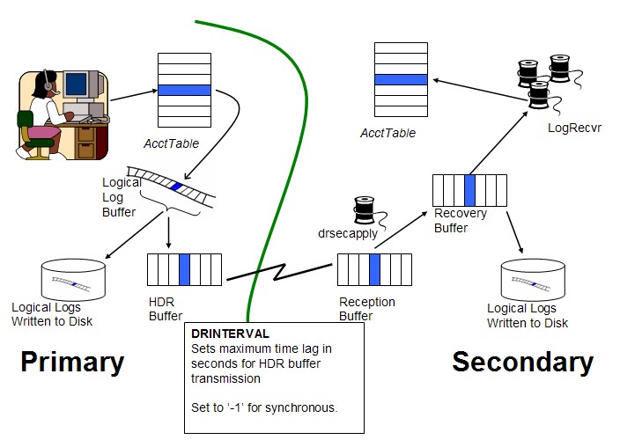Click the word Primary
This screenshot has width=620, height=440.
[x=72, y=362]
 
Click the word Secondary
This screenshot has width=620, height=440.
[x=522, y=362]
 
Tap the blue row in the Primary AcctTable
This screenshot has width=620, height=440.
[x=184, y=90]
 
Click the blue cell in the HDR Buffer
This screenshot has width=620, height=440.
[x=184, y=269]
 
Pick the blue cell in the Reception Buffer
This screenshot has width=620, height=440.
[x=374, y=269]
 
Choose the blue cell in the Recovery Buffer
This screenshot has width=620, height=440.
[x=469, y=191]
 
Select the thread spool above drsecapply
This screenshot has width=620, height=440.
[x=364, y=209]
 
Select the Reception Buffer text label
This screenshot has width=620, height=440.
[x=367, y=309]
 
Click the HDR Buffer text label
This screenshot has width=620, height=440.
[x=166, y=309]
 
